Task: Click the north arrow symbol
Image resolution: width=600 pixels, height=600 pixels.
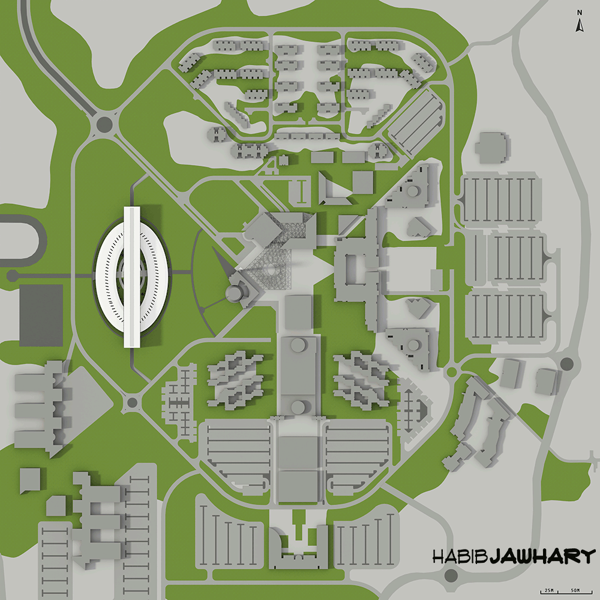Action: tap(580, 25)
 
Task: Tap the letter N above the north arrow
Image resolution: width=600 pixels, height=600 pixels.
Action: tap(580, 12)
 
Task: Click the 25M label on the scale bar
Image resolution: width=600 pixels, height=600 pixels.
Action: tap(548, 591)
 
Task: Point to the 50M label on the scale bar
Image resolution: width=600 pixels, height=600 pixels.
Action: tap(575, 591)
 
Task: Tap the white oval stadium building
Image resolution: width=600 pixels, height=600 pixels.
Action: tap(132, 277)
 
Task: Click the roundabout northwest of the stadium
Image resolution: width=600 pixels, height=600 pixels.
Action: tap(104, 124)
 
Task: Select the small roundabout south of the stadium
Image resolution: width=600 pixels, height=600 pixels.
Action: tap(131, 402)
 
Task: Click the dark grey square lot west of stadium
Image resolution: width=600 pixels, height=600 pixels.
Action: tap(41, 315)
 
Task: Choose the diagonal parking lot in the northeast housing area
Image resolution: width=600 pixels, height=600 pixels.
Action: tap(415, 120)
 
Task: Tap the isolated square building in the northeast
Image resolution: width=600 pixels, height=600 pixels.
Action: tap(492, 147)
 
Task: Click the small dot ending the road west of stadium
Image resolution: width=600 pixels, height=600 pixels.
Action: tap(12, 276)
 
